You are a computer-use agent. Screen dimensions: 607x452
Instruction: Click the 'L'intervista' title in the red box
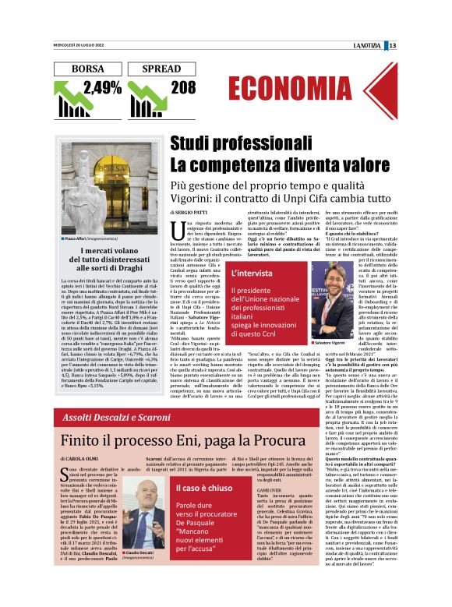pyautogui.click(x=252, y=274)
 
